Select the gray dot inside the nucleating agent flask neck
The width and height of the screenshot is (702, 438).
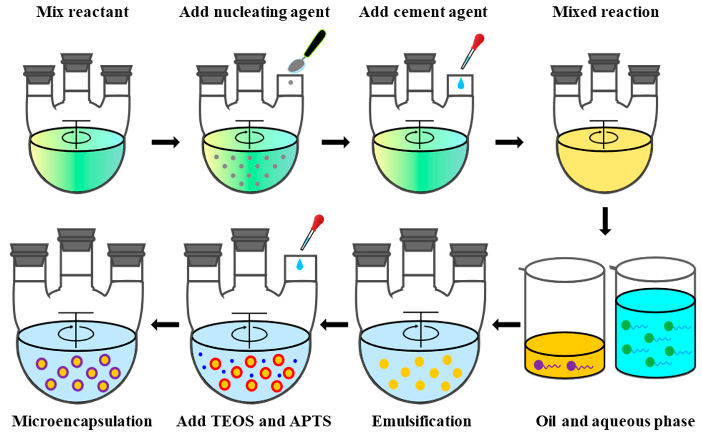(291, 82)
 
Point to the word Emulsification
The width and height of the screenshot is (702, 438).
(421, 421)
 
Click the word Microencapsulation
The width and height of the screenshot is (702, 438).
(82, 421)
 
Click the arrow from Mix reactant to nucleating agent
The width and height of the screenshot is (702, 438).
(166, 142)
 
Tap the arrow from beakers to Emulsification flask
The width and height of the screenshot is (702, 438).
(506, 325)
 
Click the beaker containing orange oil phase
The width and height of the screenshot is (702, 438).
(565, 319)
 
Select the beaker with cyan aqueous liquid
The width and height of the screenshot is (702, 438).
(655, 319)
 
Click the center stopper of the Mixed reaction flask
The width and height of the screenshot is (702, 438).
(604, 62)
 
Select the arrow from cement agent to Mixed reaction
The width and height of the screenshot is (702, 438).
(509, 142)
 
